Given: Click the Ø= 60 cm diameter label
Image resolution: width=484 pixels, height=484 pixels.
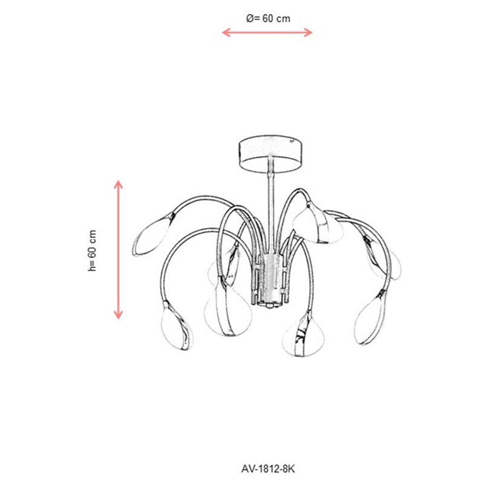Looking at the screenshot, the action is pyautogui.click(x=268, y=19).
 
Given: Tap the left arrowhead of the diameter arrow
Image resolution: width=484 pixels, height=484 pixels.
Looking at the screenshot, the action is pyautogui.click(x=226, y=32).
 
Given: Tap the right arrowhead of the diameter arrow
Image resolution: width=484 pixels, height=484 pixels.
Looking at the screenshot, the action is pyautogui.click(x=308, y=32).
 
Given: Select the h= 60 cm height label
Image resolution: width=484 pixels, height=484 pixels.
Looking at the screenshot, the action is pyautogui.click(x=93, y=250).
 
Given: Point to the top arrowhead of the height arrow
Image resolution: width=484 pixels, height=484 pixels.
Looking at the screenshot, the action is pyautogui.click(x=118, y=185).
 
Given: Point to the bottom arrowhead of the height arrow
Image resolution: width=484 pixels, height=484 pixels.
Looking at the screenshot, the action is pyautogui.click(x=118, y=315).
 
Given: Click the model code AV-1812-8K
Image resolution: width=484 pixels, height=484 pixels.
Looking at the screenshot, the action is pyautogui.click(x=268, y=469).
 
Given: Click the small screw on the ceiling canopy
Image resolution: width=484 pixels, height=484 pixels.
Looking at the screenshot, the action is pyautogui.click(x=291, y=142).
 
